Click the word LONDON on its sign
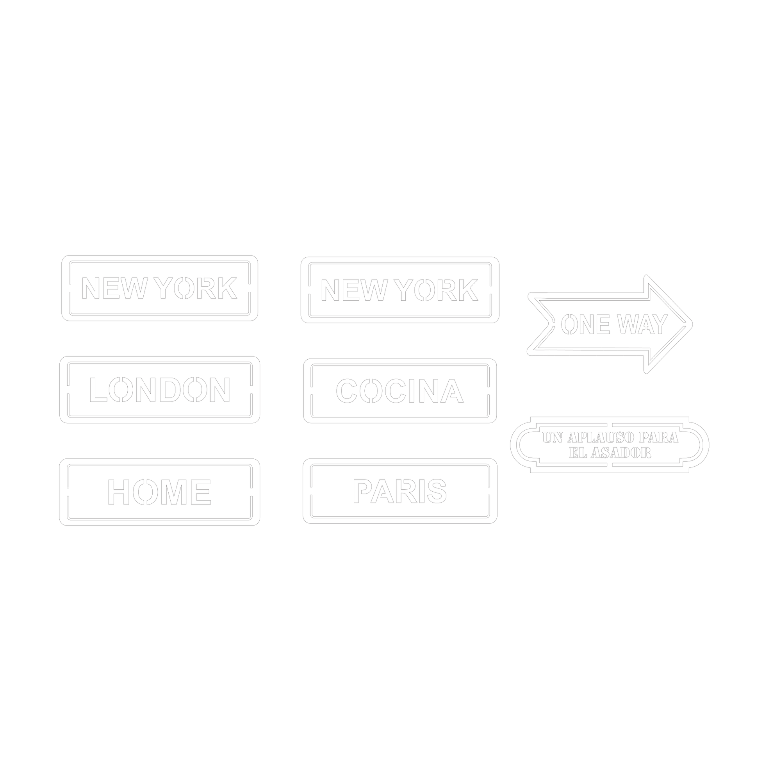pyautogui.click(x=160, y=390)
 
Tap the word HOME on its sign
pyautogui.click(x=159, y=492)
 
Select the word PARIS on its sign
pyautogui.click(x=400, y=491)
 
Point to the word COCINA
pyautogui.click(x=400, y=390)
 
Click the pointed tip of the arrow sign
pyautogui.click(x=692, y=324)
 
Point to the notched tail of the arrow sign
pyautogui.click(x=549, y=324)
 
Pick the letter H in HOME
pyautogui.click(x=118, y=492)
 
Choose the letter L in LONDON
pyautogui.click(x=98, y=390)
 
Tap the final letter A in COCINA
pyautogui.click(x=452, y=391)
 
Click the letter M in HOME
pyautogui.click(x=174, y=492)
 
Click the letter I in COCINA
pyautogui.click(x=412, y=391)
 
